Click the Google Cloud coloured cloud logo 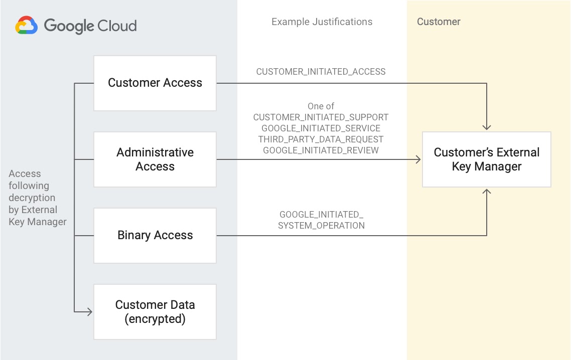[27, 26]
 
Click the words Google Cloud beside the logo [90, 26]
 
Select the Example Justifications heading [322, 22]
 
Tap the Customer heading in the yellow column [439, 22]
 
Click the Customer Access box [155, 83]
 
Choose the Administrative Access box [155, 159]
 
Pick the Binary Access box [155, 236]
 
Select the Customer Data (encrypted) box [155, 312]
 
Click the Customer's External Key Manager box [487, 159]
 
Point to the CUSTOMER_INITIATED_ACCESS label [321, 72]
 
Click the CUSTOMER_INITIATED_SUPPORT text [321, 117]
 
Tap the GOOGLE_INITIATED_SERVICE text [321, 128]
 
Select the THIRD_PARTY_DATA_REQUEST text [321, 139]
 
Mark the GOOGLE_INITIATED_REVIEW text [321, 150]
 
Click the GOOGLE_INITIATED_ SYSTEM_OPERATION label [321, 220]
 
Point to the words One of [321, 106]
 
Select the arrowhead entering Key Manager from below [487, 191]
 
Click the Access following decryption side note [37, 198]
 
